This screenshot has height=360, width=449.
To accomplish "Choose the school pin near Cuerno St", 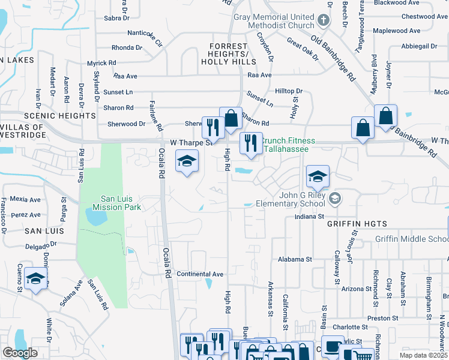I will point(36,280).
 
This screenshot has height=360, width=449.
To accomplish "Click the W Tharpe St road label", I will point(191,143).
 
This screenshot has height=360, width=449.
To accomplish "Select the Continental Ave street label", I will point(200,274).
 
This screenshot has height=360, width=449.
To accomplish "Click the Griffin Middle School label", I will point(411,239).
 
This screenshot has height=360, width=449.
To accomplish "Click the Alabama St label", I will point(295,259).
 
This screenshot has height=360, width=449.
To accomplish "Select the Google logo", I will point(20,353).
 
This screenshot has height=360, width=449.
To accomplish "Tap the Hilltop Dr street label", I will point(289,91).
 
